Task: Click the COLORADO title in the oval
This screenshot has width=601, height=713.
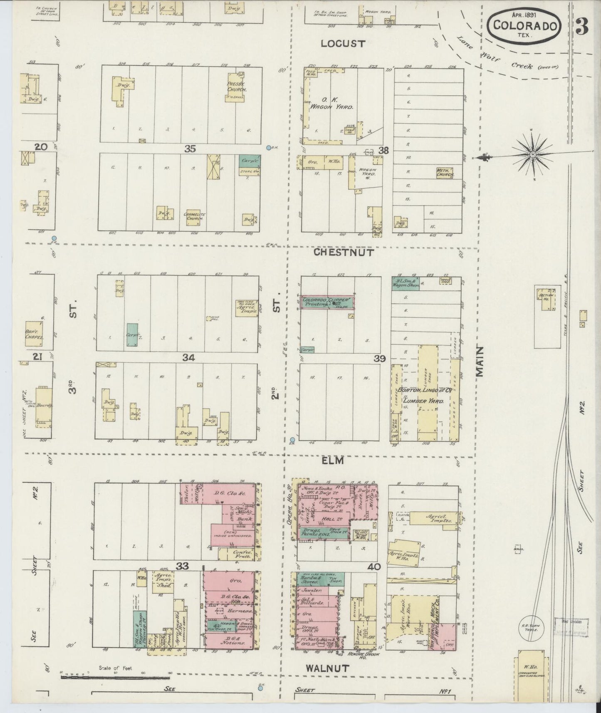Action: (x=525, y=25)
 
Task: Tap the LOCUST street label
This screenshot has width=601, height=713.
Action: (x=343, y=43)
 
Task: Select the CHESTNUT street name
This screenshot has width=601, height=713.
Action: (x=344, y=252)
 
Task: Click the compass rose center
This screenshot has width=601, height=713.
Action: (x=532, y=155)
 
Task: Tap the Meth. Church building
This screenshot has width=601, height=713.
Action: (x=444, y=173)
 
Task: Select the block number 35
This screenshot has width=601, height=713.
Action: (x=190, y=149)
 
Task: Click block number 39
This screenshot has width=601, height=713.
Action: (x=380, y=358)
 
